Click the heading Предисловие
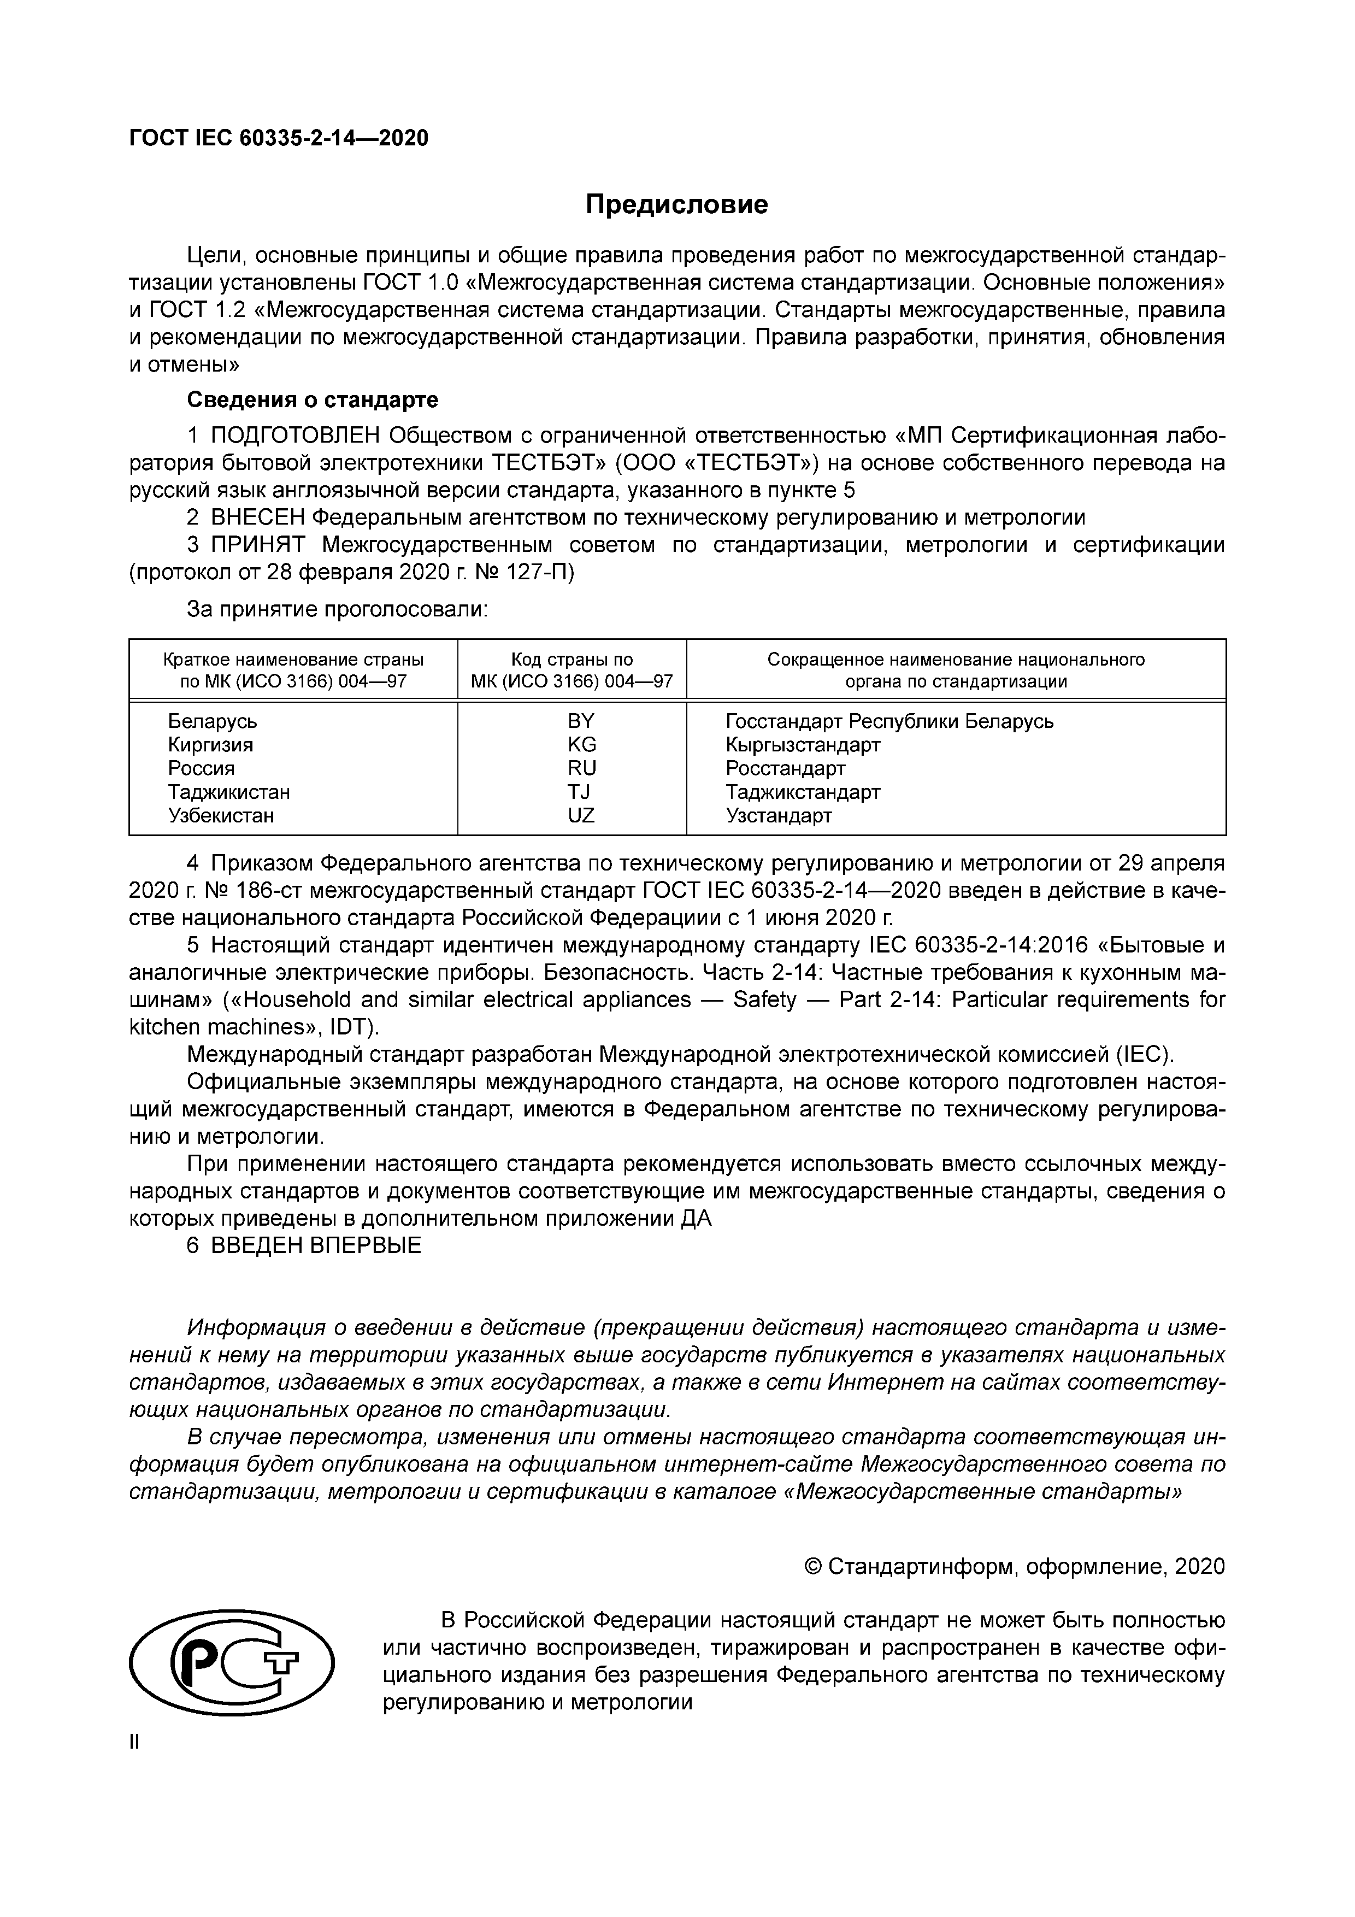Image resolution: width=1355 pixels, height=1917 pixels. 676,204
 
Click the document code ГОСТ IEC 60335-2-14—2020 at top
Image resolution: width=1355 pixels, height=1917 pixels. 279,138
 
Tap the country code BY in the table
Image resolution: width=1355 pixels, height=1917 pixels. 581,721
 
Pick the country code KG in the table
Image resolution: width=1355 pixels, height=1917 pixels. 582,744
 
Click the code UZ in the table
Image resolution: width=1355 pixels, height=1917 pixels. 581,815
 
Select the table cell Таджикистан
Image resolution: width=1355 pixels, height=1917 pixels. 229,791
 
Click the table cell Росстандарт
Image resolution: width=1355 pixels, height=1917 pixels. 785,768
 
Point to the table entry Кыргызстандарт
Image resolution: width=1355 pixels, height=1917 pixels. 802,744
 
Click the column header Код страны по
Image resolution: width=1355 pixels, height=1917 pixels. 572,660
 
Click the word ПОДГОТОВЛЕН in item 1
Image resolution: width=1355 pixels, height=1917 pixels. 296,436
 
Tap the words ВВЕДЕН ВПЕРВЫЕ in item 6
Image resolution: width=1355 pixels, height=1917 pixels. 316,1246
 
